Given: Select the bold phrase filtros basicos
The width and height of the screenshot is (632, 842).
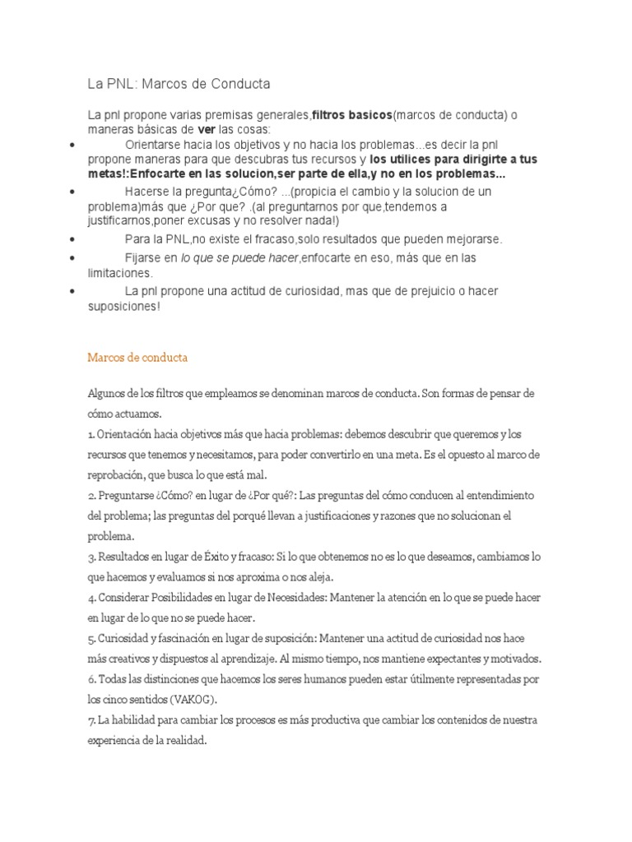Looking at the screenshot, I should click(351, 114).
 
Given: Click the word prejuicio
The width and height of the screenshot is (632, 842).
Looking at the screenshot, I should click(431, 291).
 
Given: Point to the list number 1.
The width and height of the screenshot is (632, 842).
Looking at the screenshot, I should click(91, 433).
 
